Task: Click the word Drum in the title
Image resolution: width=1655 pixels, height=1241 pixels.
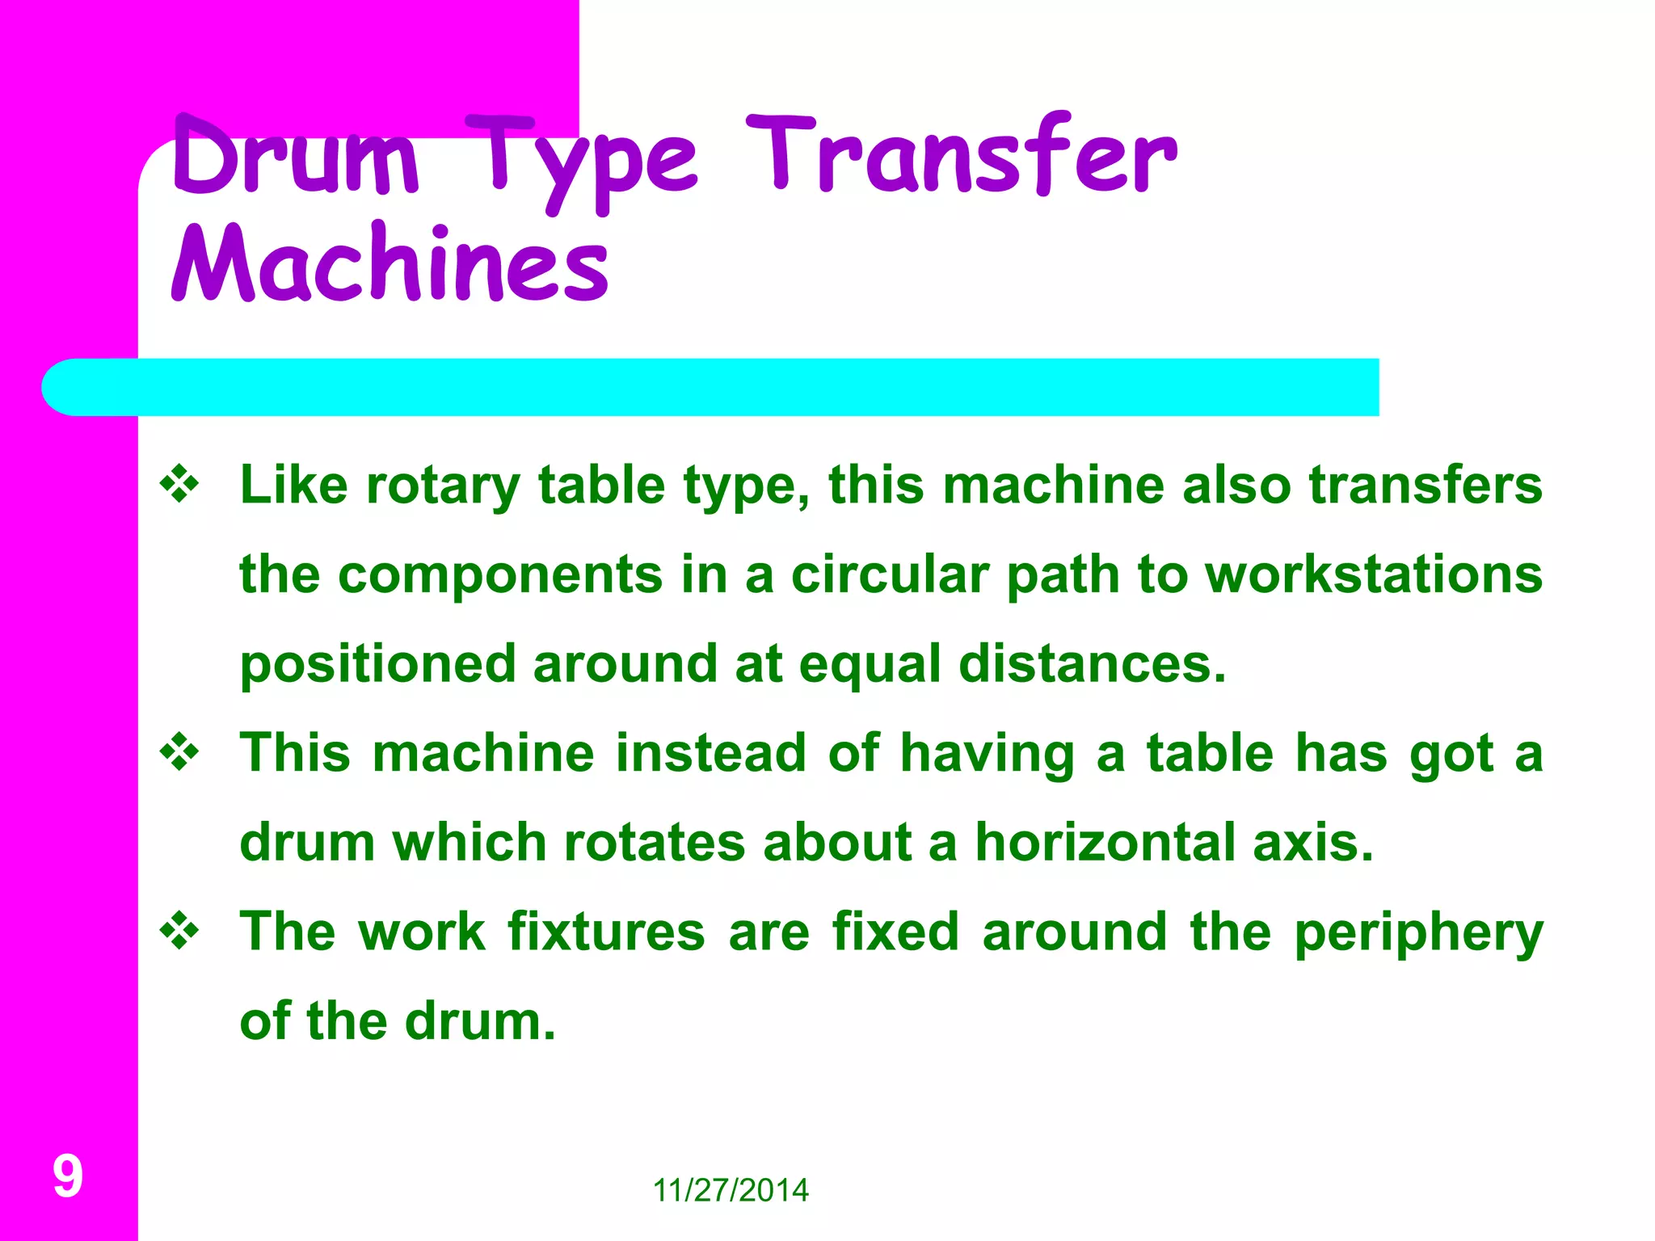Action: click(x=296, y=157)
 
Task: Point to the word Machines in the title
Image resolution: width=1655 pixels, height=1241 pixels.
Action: click(x=390, y=263)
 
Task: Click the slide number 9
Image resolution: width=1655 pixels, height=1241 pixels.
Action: click(x=68, y=1176)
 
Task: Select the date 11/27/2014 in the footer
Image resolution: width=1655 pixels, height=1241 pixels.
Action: click(x=731, y=1190)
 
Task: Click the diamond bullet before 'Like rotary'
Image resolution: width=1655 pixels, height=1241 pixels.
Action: click(x=179, y=486)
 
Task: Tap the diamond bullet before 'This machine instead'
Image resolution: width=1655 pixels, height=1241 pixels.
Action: click(x=179, y=753)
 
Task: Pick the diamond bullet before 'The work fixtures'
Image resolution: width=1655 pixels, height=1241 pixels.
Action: click(x=179, y=932)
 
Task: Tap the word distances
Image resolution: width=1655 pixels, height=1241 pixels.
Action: click(x=1092, y=664)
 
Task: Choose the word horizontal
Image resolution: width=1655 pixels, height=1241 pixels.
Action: click(x=1105, y=843)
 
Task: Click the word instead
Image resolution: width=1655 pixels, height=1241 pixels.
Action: click(x=710, y=753)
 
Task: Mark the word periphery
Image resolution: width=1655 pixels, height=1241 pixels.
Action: click(x=1418, y=934)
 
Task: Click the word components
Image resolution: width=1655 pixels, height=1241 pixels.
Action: click(x=500, y=576)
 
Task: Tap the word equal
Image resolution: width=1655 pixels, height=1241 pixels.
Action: click(x=870, y=666)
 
